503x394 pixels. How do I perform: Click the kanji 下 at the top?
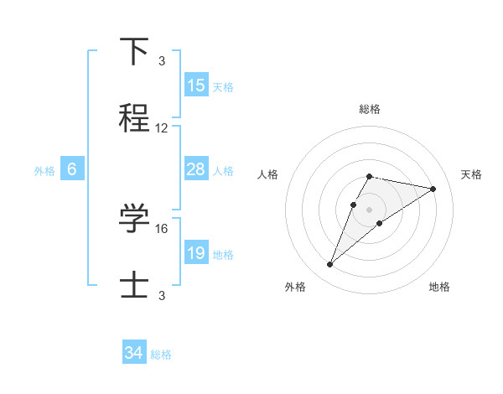click(135, 52)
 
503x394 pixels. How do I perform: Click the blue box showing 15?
click(196, 86)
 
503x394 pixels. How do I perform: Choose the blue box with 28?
click(196, 169)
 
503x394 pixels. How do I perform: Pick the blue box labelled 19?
click(196, 253)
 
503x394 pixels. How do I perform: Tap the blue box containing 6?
click(72, 169)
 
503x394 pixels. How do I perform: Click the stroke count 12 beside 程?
click(162, 128)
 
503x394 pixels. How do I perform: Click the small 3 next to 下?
click(162, 60)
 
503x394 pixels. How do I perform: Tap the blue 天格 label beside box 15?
click(223, 86)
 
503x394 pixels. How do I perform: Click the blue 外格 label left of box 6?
click(44, 170)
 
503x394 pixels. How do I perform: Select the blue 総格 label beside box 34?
click(161, 355)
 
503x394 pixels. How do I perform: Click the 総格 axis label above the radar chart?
click(370, 109)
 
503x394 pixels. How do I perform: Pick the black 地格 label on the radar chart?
click(439, 287)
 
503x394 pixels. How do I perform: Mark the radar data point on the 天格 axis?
click(433, 189)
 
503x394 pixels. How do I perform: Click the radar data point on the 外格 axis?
click(329, 265)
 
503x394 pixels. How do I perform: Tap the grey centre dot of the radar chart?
click(370, 210)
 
